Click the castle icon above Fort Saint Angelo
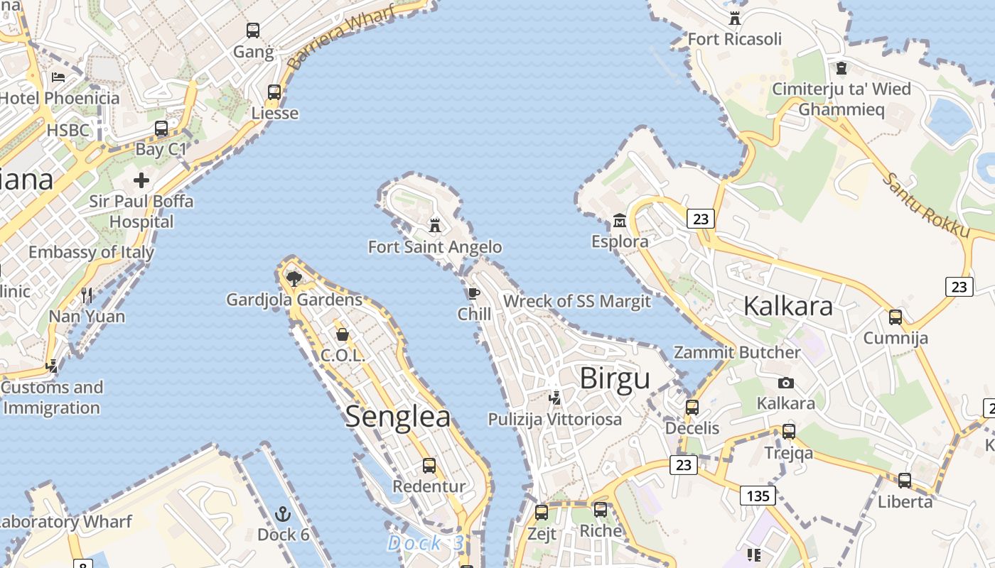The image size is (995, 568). (435, 226)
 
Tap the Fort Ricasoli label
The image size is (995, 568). (734, 39)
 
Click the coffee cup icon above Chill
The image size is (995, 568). (473, 293)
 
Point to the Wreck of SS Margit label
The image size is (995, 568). (576, 301)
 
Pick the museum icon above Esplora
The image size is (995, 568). (619, 221)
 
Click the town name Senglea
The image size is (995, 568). (398, 417)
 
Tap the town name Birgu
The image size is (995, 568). (615, 378)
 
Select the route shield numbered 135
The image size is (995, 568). (758, 495)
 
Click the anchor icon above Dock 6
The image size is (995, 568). (283, 513)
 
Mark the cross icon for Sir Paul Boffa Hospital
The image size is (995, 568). (141, 180)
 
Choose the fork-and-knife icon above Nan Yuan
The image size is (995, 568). (87, 295)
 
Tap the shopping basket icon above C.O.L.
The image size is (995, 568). (343, 334)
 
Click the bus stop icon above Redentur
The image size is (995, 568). (429, 466)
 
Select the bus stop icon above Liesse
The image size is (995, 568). (274, 92)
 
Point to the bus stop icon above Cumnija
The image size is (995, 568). (895, 317)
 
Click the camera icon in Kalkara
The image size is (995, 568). (785, 383)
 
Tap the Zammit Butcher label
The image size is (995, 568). (736, 352)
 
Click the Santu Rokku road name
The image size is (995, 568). (926, 204)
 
